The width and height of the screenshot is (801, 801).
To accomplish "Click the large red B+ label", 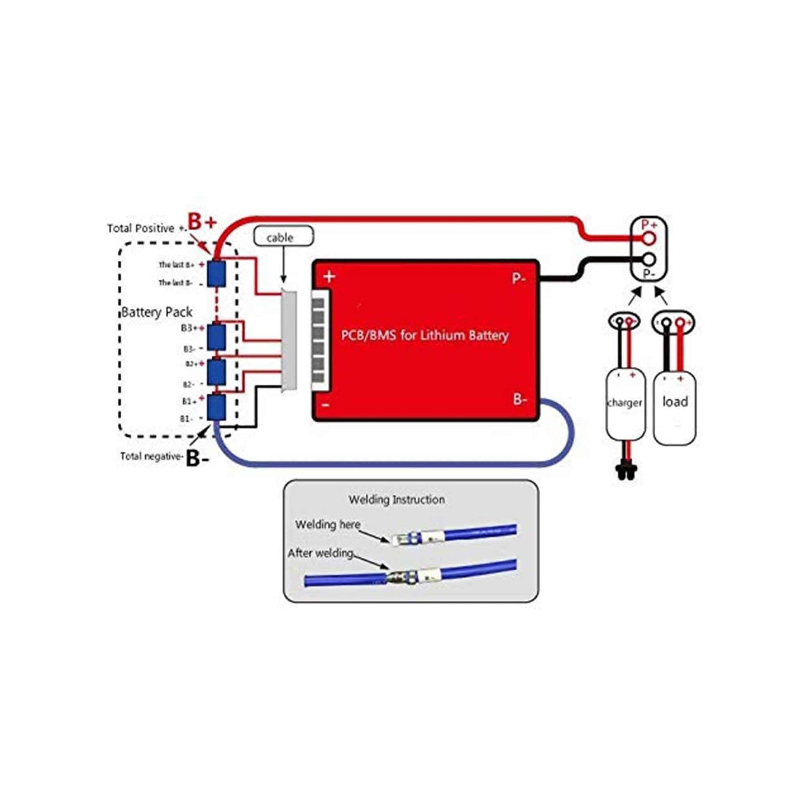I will pyautogui.click(x=203, y=222).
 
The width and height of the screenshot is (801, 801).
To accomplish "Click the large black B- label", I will pyautogui.click(x=197, y=459).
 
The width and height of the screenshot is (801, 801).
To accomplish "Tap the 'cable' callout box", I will pyautogui.click(x=284, y=237).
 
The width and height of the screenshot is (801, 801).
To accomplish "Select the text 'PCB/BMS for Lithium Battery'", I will pyautogui.click(x=424, y=335).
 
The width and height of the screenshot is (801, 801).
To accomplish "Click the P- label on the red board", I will pyautogui.click(x=519, y=278).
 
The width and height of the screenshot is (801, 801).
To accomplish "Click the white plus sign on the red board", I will pyautogui.click(x=329, y=277).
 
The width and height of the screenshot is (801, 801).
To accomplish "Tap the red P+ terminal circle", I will pyautogui.click(x=649, y=238).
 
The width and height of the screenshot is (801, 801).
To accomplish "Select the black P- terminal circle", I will pyautogui.click(x=649, y=260).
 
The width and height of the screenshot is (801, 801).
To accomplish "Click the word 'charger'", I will pyautogui.click(x=625, y=403).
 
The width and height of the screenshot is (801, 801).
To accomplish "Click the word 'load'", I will pyautogui.click(x=675, y=401).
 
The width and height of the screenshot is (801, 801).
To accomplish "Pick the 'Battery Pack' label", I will pyautogui.click(x=157, y=312).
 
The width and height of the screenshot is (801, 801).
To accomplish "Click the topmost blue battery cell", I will pyautogui.click(x=217, y=273).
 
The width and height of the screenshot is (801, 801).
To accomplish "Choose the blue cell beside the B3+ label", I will pyautogui.click(x=217, y=337).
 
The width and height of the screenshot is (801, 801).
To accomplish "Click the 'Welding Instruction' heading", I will pyautogui.click(x=397, y=500).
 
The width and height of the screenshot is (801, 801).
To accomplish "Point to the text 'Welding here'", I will pyautogui.click(x=328, y=524).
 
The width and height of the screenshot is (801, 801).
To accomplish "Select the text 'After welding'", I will pyautogui.click(x=320, y=553).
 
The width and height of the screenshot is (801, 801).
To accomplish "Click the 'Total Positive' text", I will pyautogui.click(x=141, y=228).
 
